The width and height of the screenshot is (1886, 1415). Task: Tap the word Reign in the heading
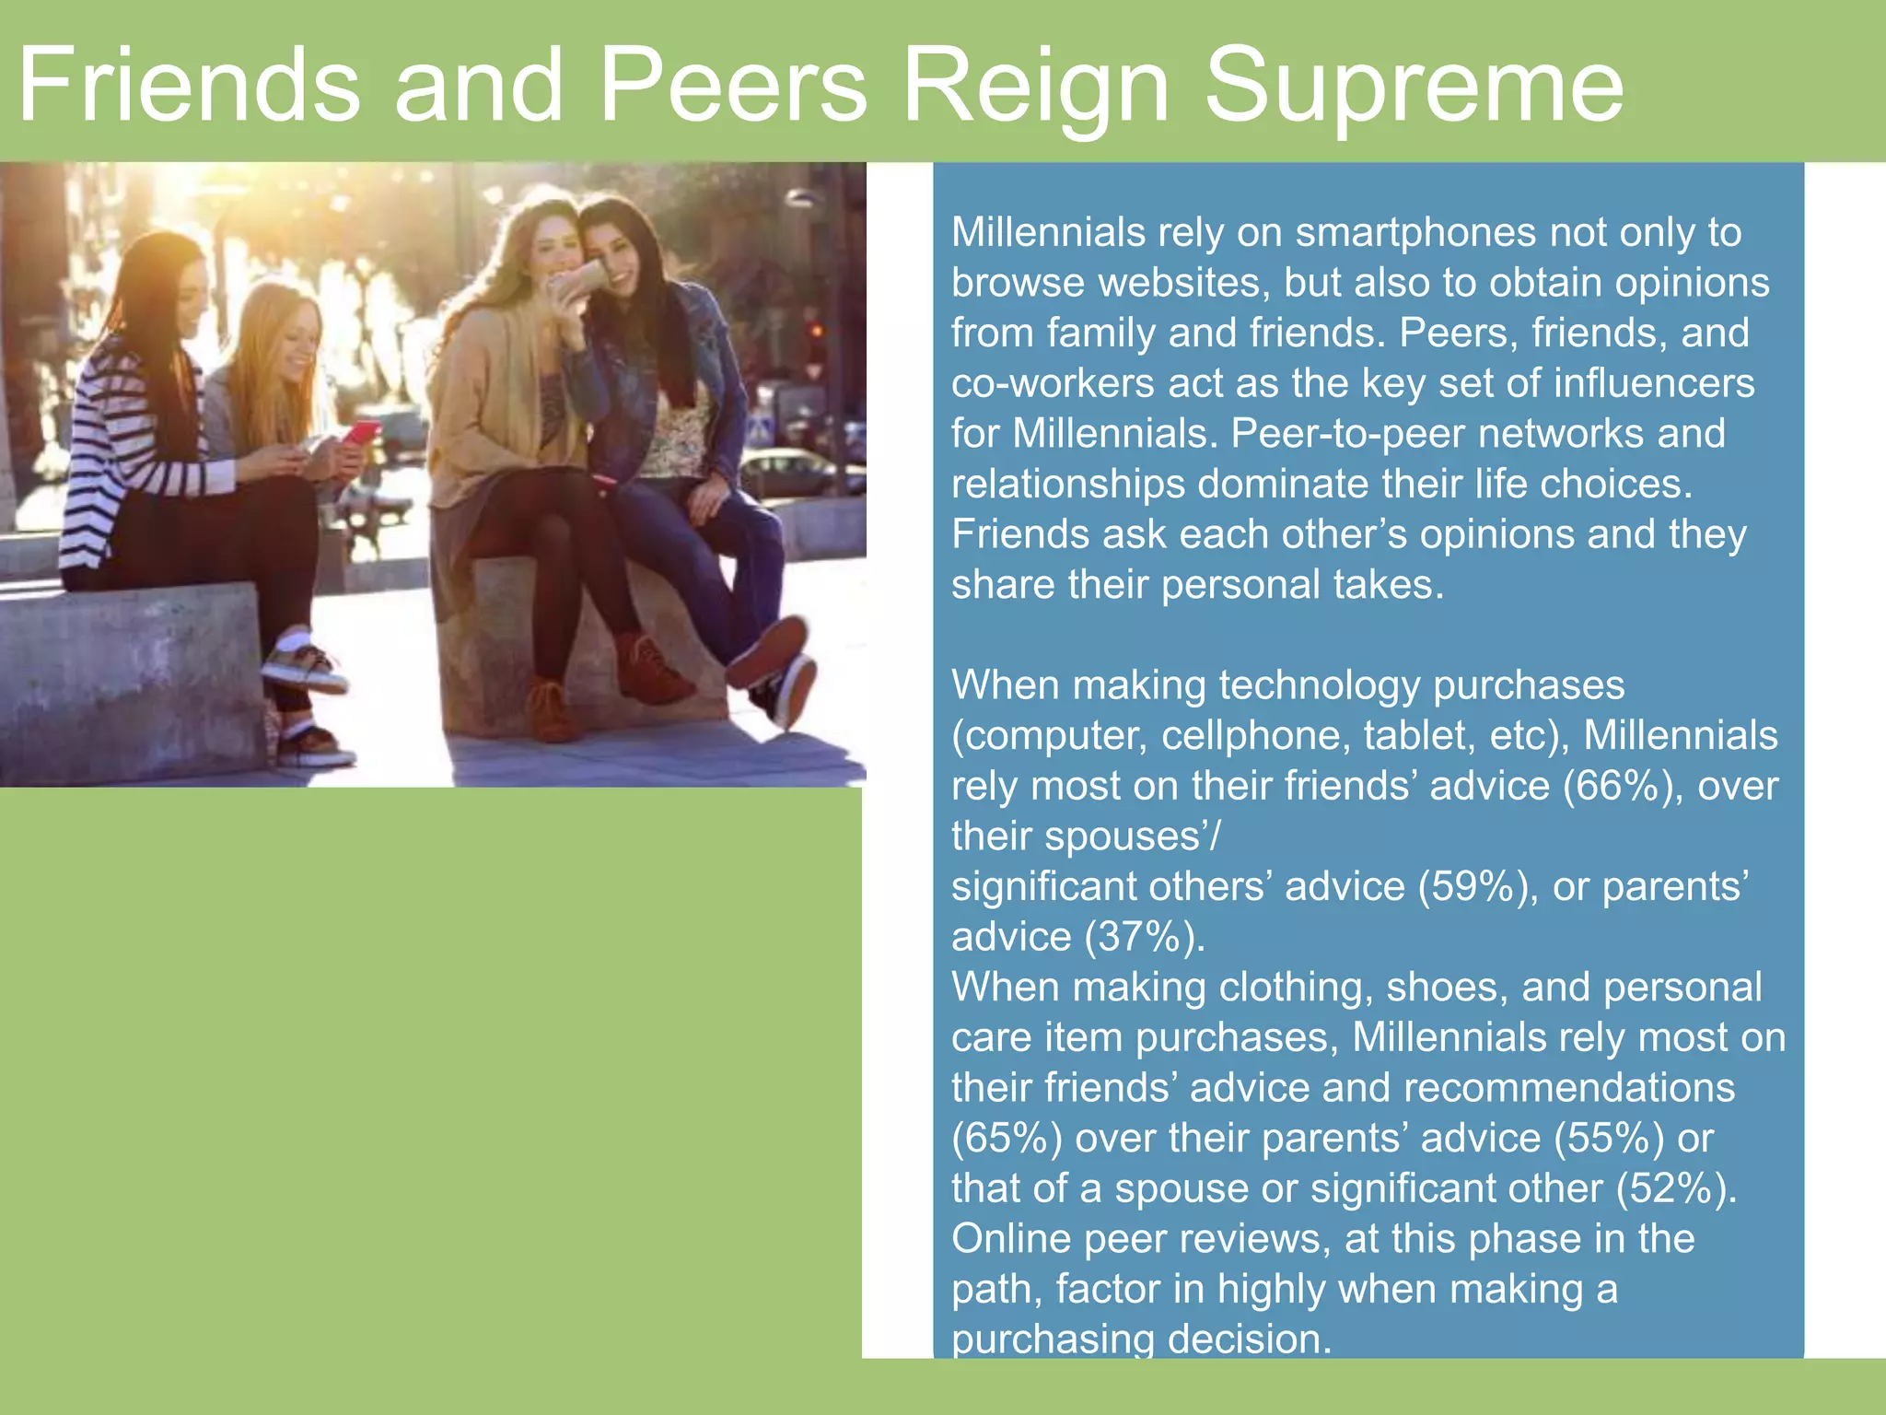tap(1036, 88)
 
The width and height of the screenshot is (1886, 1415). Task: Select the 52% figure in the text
tap(1671, 1188)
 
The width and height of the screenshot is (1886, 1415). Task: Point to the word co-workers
tap(1053, 383)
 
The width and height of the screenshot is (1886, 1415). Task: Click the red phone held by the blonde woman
tap(361, 431)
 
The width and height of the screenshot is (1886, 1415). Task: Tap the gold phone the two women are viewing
tap(579, 277)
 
